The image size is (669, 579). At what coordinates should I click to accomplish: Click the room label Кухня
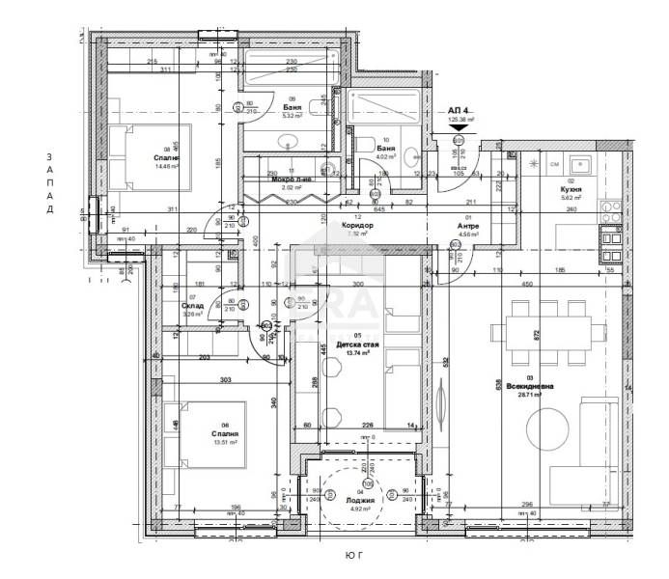(x=570, y=191)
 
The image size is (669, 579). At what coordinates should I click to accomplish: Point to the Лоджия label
(x=362, y=501)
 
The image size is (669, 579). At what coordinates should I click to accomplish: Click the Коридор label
(x=357, y=224)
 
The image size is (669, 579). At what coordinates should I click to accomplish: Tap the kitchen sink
(x=581, y=163)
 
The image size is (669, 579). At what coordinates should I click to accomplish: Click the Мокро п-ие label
(x=291, y=179)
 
